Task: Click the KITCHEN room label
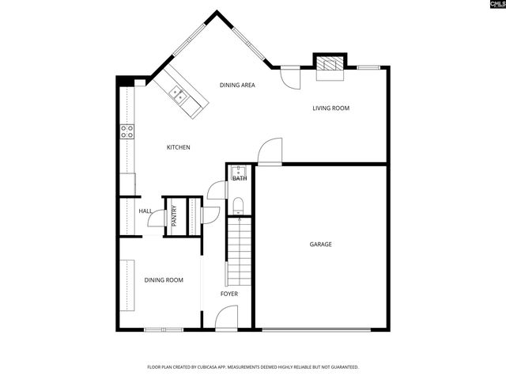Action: (178, 147)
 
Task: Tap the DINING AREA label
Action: (236, 85)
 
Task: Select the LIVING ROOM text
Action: (330, 108)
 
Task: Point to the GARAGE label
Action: (320, 244)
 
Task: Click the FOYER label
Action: (228, 294)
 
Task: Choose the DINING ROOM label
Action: (164, 279)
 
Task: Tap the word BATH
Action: (239, 178)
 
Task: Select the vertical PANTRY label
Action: (174, 215)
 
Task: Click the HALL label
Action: (145, 211)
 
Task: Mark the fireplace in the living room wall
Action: (330, 65)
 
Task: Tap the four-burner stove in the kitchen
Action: (126, 131)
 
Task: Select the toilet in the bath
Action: (240, 207)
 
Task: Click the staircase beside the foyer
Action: (239, 253)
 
